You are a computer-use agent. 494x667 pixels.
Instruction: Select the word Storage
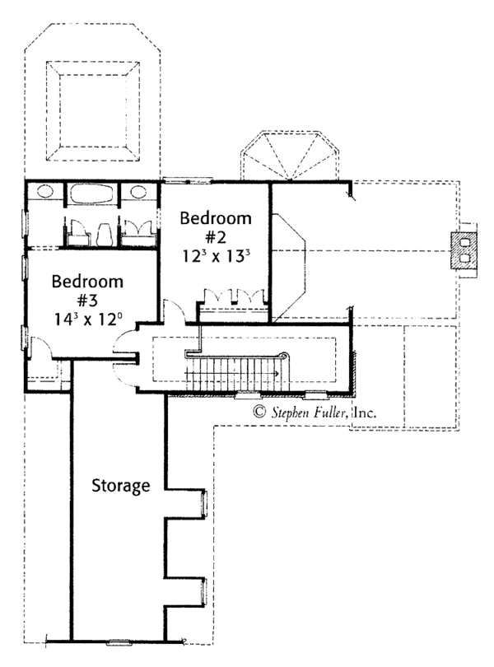click(121, 486)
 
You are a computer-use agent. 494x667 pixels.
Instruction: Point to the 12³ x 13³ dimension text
click(216, 256)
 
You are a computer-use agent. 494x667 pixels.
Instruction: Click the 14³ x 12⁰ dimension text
click(88, 319)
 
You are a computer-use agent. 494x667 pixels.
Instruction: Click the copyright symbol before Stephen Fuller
click(259, 412)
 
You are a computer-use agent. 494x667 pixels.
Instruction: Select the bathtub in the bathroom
click(91, 194)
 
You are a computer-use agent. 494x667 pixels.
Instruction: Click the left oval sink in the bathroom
click(44, 191)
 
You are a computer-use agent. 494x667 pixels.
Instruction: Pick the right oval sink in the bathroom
click(137, 191)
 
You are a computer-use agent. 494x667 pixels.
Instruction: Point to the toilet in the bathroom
click(105, 234)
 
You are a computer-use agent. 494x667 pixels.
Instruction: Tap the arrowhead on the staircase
click(277, 374)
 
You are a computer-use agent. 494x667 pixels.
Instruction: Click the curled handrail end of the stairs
click(285, 355)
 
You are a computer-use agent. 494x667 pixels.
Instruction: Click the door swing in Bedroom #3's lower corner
click(41, 347)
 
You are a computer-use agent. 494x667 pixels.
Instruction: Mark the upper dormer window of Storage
click(204, 504)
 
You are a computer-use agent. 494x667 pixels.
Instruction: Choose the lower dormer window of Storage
click(204, 592)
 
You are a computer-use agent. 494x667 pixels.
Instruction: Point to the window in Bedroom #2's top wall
click(187, 181)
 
